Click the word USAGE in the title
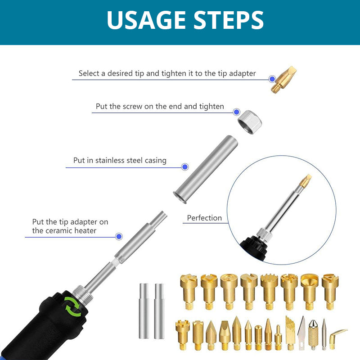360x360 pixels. click(x=146, y=20)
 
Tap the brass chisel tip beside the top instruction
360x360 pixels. click(x=284, y=80)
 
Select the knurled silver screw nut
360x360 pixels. click(x=250, y=122)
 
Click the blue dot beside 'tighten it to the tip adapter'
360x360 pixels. click(x=272, y=79)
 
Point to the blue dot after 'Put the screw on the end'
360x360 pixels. click(x=236, y=112)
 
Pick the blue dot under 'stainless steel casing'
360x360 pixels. click(x=185, y=166)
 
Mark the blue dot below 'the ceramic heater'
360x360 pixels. click(x=119, y=236)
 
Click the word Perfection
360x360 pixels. click(x=204, y=218)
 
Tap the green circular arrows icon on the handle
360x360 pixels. click(x=72, y=306)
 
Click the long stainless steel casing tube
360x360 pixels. click(x=206, y=169)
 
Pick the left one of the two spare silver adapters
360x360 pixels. click(x=144, y=310)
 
